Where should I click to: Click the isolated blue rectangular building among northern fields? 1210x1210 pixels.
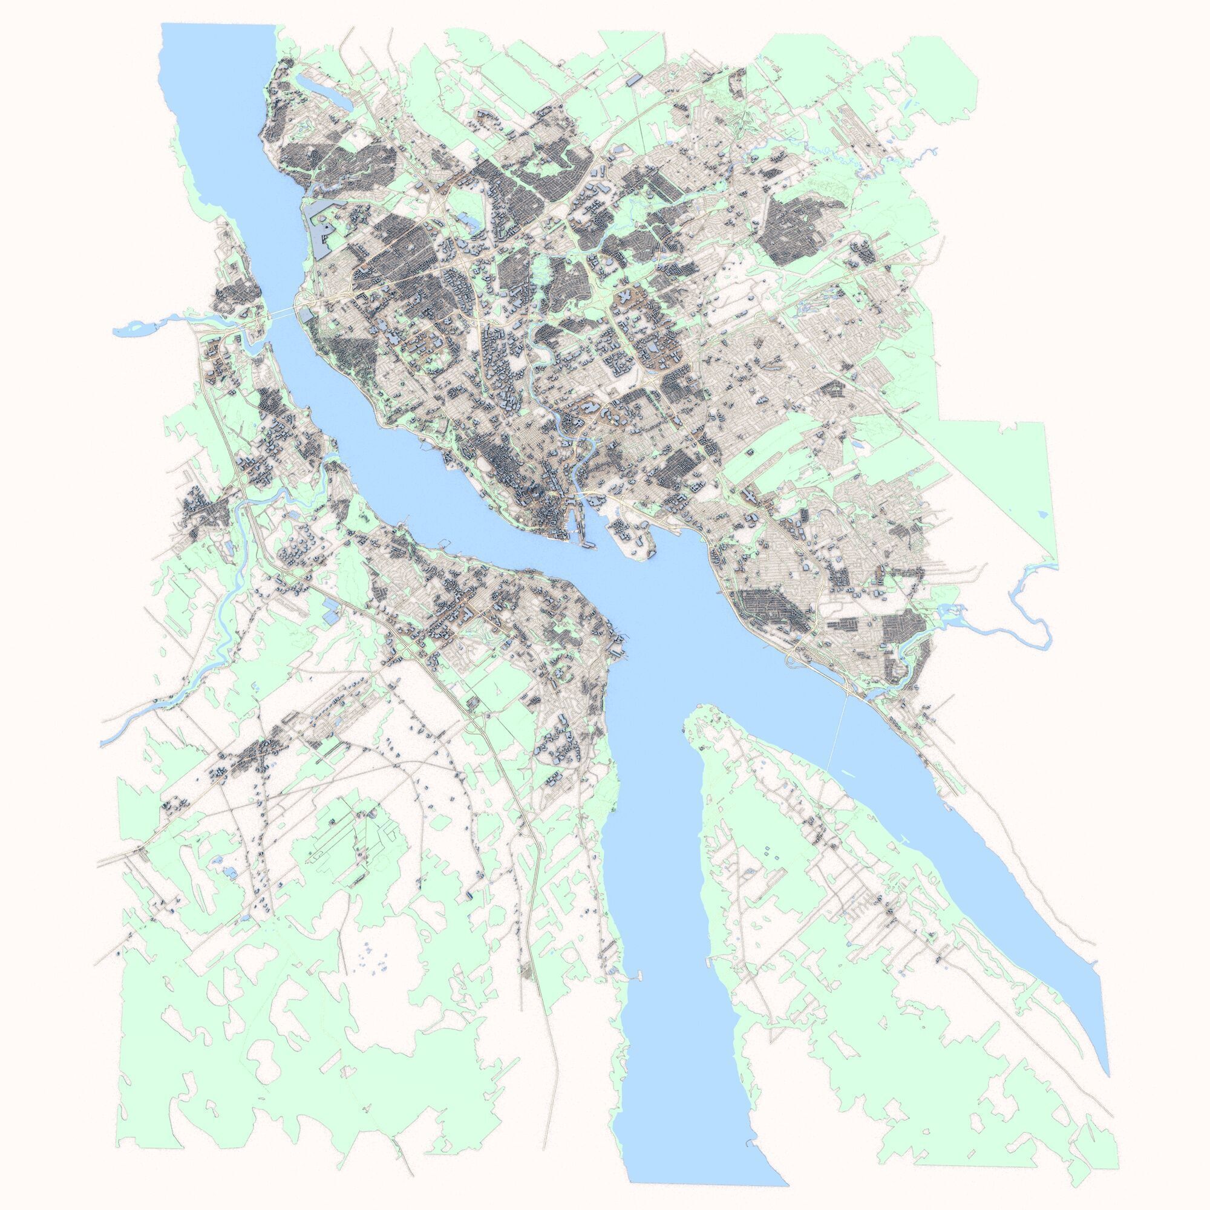(x=633, y=79)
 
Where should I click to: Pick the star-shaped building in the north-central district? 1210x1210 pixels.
(x=624, y=295)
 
